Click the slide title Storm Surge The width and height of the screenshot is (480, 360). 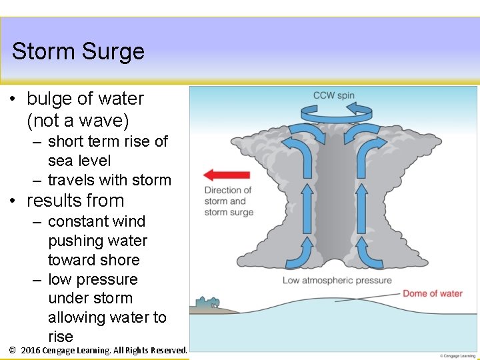pyautogui.click(x=78, y=51)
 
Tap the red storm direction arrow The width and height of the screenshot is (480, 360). pyautogui.click(x=226, y=175)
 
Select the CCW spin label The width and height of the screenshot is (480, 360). pyautogui.click(x=334, y=95)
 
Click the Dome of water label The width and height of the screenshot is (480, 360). pyautogui.click(x=432, y=293)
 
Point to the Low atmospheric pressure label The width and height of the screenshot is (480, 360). pyautogui.click(x=337, y=280)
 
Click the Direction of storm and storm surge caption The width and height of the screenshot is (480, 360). pyautogui.click(x=229, y=201)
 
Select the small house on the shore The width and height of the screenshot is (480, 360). pyautogui.click(x=207, y=303)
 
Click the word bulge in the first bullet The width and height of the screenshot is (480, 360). pyautogui.click(x=50, y=99)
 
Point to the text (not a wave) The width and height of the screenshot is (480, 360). pyautogui.click(x=78, y=121)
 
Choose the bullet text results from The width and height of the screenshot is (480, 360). pyautogui.click(x=75, y=201)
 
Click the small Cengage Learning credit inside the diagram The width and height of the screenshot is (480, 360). pyautogui.click(x=458, y=355)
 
